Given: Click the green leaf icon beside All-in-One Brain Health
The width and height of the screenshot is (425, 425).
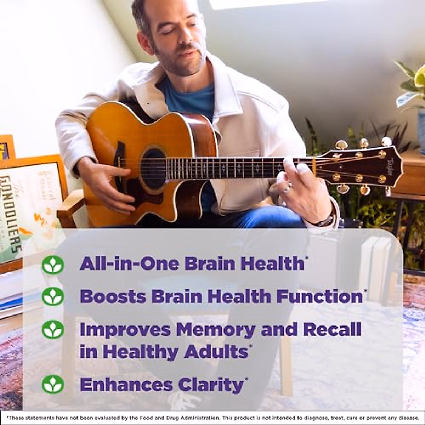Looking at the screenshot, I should tap(53, 265).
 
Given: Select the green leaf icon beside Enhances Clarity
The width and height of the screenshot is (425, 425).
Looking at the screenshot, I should tap(53, 384).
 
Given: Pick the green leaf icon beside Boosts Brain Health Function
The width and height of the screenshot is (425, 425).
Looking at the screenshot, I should tap(53, 296).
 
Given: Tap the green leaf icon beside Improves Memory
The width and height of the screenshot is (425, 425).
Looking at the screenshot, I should tap(53, 329).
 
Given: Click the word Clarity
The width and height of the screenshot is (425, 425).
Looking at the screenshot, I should tap(211, 385).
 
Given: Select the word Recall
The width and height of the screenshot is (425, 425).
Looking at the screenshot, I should tap(332, 329).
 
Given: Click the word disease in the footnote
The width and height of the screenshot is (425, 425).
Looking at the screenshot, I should tap(410, 418).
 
